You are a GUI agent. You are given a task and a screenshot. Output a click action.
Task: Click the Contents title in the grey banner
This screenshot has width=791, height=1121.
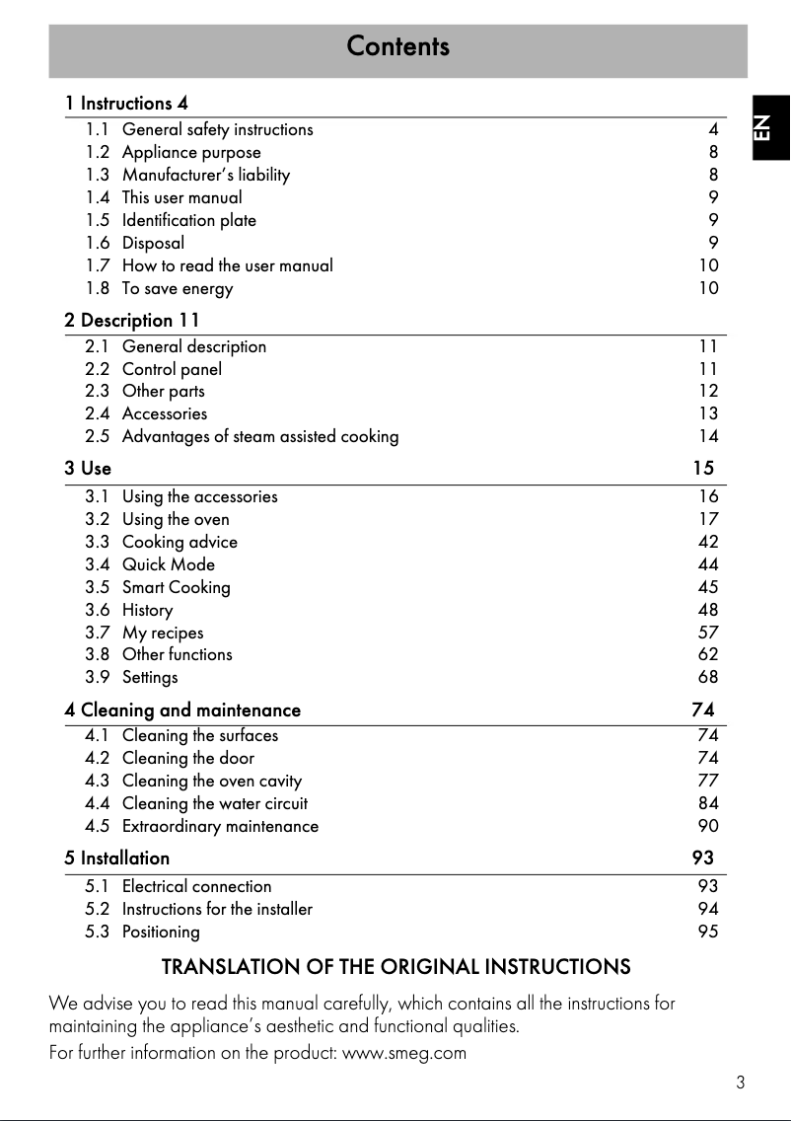coord(397,46)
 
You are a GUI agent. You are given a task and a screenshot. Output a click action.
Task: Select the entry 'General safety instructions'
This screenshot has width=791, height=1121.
coord(217,129)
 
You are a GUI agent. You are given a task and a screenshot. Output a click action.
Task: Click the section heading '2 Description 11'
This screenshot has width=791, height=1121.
coord(132,320)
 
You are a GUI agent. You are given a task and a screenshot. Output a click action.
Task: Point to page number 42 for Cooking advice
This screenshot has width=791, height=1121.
coord(708,542)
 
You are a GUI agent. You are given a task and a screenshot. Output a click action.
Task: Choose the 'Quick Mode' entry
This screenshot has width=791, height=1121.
coord(168,564)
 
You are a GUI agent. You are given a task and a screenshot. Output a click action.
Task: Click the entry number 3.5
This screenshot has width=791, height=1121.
coord(98,587)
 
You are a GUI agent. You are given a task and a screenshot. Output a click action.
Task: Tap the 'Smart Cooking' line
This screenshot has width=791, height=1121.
coord(176,587)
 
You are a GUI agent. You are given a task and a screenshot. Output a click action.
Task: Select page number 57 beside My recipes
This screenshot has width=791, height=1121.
coord(708,633)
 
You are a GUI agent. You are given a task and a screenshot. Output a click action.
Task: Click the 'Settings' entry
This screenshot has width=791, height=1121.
coord(150,677)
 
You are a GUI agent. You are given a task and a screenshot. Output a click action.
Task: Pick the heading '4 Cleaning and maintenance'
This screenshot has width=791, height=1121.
coord(182,710)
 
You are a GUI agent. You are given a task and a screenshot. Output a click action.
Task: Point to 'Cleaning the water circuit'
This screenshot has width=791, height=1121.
coord(214,803)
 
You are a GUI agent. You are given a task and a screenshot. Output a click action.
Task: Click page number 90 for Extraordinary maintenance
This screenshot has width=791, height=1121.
coord(708,826)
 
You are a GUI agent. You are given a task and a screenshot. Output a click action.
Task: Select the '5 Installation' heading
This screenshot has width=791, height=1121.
coord(117,858)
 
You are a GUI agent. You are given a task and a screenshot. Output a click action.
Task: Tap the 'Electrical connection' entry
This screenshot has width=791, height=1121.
coord(196,886)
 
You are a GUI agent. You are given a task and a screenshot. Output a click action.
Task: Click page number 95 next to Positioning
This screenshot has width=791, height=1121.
coord(708,932)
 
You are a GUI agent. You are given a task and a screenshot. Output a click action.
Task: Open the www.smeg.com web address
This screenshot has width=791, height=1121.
coord(403,1052)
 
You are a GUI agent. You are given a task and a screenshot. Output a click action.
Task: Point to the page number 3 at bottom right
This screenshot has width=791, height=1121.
coord(740,1083)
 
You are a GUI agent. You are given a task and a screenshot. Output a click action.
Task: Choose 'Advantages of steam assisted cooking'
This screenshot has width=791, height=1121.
coord(260,436)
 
